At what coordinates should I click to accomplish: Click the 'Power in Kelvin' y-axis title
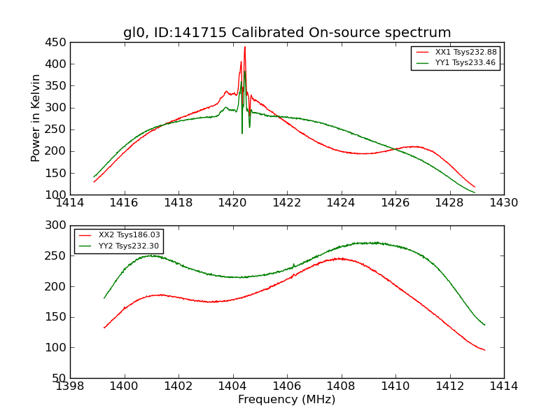pyautogui.click(x=36, y=118)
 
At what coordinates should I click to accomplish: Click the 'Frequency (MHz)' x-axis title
pyautogui.click(x=287, y=400)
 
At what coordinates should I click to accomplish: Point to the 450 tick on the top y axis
pyautogui.click(x=57, y=42)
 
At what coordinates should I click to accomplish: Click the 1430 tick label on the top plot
pyautogui.click(x=504, y=203)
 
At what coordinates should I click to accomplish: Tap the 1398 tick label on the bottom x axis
pyautogui.click(x=70, y=386)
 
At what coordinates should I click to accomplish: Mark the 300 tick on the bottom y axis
pyautogui.click(x=57, y=225)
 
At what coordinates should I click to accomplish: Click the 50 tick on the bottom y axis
pyautogui.click(x=59, y=378)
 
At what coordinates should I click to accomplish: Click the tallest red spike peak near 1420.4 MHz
pyautogui.click(x=244, y=47)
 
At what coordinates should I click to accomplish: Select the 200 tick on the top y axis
pyautogui.click(x=57, y=151)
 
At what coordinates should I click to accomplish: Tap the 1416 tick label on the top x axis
pyautogui.click(x=125, y=203)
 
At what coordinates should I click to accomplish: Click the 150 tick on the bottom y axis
pyautogui.click(x=57, y=317)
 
